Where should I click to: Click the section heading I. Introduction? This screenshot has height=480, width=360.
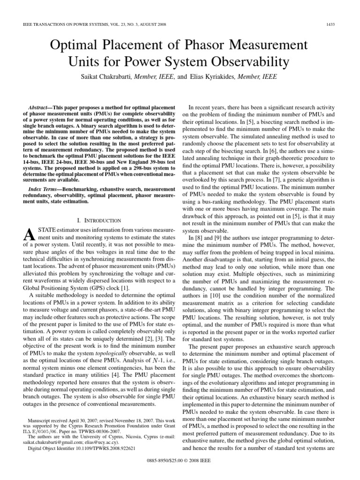[x=98, y=220]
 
